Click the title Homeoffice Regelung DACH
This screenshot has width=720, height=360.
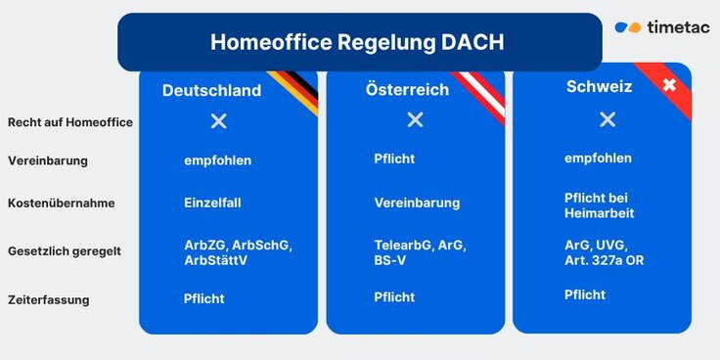click(358, 43)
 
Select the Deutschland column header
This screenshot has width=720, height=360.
click(211, 91)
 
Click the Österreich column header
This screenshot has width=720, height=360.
click(407, 90)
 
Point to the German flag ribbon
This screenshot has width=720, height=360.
click(294, 92)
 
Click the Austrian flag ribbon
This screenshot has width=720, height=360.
click(480, 94)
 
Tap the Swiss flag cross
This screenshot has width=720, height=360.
click(669, 86)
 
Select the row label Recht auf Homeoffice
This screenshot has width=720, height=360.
click(70, 122)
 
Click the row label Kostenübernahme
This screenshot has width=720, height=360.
click(62, 203)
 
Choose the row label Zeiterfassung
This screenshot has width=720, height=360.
click(49, 299)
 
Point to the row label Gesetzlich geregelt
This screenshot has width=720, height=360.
click(65, 251)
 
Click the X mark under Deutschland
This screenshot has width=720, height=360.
click(219, 120)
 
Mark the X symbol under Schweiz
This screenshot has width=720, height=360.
click(607, 119)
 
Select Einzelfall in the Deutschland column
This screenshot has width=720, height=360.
click(212, 203)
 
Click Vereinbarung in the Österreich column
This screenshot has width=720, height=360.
click(417, 203)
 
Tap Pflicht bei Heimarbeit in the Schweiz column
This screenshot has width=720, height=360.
click(600, 205)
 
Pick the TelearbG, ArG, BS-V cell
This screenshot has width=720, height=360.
click(420, 251)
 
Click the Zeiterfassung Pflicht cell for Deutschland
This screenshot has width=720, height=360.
click(203, 297)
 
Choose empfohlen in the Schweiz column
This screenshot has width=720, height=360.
click(598, 157)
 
